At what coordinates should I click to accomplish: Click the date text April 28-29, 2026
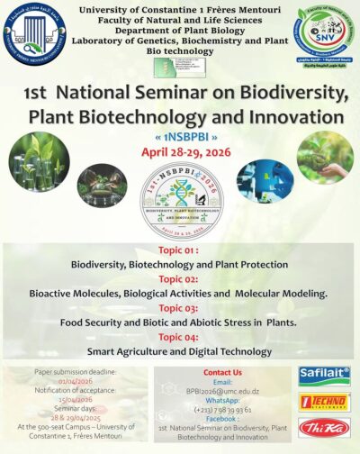[x=180, y=151]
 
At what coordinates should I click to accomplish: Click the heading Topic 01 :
[x=180, y=250]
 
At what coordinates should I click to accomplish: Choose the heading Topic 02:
[x=180, y=278]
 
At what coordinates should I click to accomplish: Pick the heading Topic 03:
[x=180, y=307]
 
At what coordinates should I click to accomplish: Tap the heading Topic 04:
[x=180, y=336]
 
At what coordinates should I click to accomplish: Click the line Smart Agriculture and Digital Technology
[x=180, y=350]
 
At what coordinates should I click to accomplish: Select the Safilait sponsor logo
[x=323, y=375]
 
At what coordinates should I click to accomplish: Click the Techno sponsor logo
[x=323, y=403]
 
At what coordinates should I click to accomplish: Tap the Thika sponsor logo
[x=323, y=431]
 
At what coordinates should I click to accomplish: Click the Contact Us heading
[x=222, y=372]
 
